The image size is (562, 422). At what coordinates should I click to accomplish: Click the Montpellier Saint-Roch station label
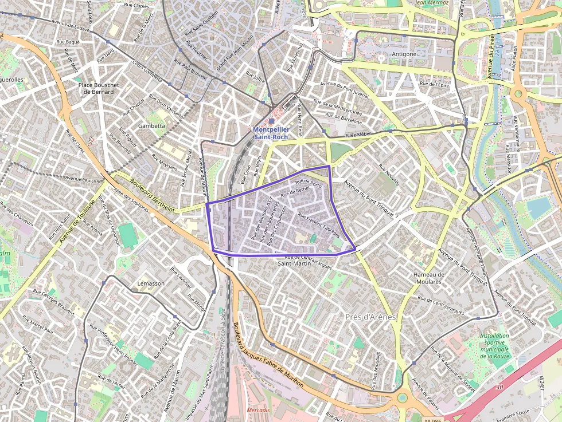272,133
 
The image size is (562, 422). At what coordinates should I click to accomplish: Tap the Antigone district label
404,54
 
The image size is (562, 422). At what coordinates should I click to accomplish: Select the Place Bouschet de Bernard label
99,88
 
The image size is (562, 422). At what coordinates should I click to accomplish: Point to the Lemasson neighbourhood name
151,283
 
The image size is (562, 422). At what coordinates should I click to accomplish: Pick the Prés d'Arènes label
371,317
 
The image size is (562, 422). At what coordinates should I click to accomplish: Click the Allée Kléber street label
359,135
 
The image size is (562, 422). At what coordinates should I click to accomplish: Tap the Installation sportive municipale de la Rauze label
494,346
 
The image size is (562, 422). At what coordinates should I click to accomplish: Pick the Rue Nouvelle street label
389,175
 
